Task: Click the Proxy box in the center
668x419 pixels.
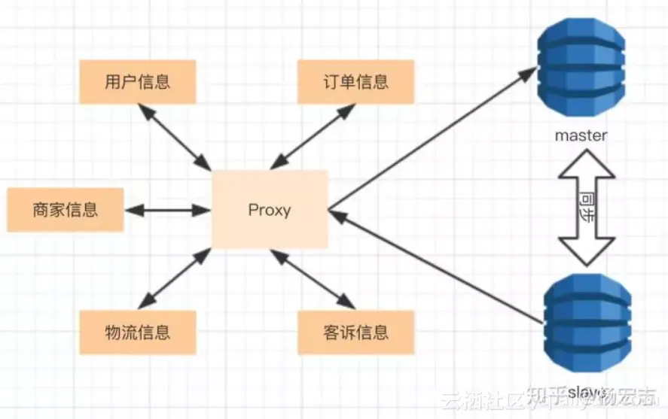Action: point(270,209)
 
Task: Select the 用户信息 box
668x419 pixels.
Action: point(137,81)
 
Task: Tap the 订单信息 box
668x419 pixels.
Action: point(356,81)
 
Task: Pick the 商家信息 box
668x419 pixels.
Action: point(65,209)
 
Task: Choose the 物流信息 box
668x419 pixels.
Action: point(137,332)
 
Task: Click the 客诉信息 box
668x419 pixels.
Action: point(356,332)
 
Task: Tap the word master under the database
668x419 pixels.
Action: point(581,136)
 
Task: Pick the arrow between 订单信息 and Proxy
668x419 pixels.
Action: point(313,136)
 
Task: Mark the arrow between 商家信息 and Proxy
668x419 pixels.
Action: point(167,210)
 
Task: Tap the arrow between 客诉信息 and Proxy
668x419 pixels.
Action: point(313,279)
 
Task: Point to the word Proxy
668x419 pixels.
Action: point(270,210)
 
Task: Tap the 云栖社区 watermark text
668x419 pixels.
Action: point(479,399)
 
